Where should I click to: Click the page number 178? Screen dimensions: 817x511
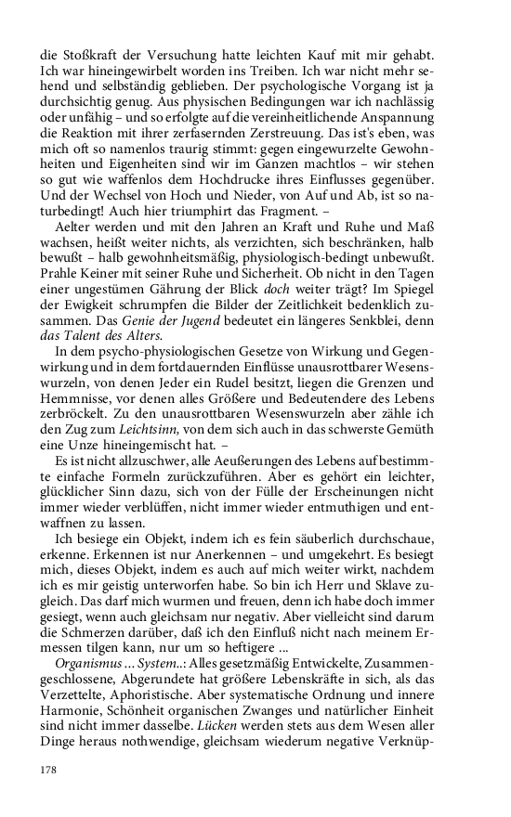pyautogui.click(x=48, y=770)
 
